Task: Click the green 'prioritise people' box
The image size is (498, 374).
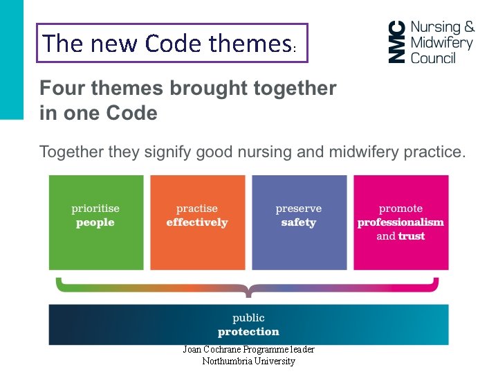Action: click(x=96, y=222)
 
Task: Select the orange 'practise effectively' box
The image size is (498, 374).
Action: click(x=197, y=222)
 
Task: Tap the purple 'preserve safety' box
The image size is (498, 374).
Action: click(x=299, y=222)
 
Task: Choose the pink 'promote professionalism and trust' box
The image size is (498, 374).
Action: click(x=400, y=222)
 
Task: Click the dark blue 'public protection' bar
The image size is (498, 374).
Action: click(x=248, y=324)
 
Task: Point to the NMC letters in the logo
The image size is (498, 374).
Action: click(x=396, y=42)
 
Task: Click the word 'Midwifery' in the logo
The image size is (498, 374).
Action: click(x=442, y=43)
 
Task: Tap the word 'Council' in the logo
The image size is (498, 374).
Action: click(x=433, y=58)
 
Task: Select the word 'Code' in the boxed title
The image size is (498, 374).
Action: click(x=174, y=44)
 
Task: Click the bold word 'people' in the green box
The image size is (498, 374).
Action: click(x=95, y=223)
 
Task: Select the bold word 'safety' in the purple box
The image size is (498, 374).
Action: click(x=299, y=223)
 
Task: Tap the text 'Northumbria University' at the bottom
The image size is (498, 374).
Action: click(x=248, y=361)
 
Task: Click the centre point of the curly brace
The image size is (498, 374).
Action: click(x=248, y=290)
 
